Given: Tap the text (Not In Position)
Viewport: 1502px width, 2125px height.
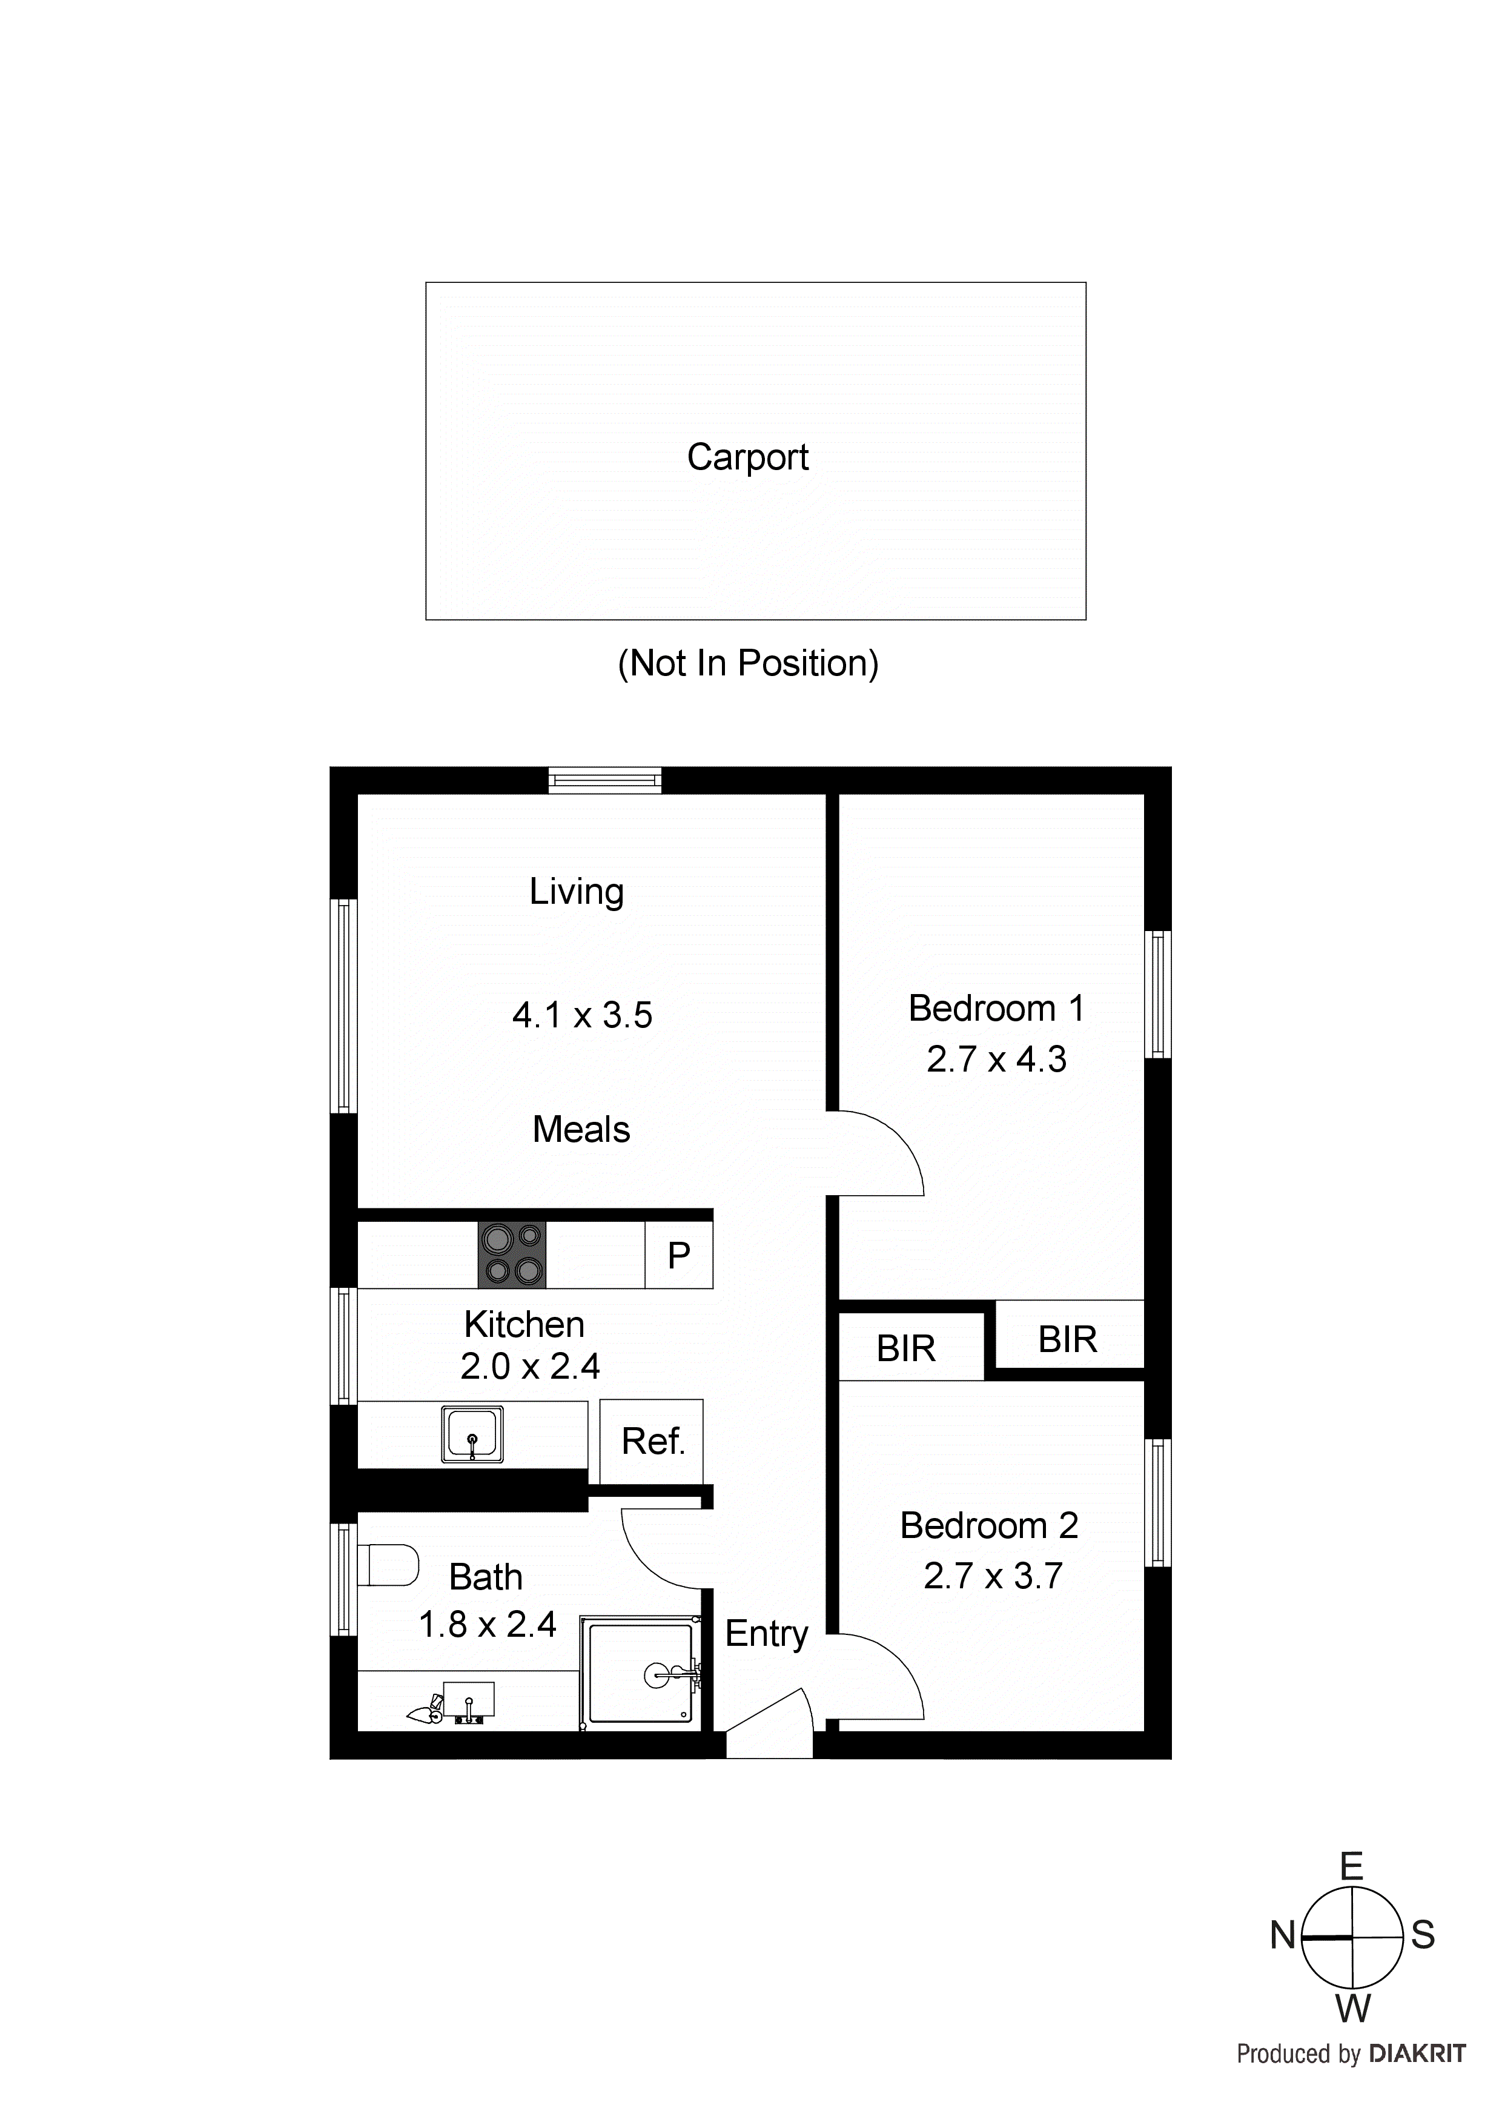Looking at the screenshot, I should [x=748, y=663].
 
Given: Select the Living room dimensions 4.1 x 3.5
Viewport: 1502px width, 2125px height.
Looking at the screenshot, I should [x=582, y=1015].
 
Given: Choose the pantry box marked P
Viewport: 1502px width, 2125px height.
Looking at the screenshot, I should [x=678, y=1256].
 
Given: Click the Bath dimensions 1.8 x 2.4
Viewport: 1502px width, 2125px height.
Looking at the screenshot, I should [x=488, y=1624].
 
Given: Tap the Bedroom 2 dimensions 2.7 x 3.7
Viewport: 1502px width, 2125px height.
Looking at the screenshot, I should [x=993, y=1575].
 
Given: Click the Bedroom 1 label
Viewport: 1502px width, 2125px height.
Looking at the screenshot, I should [x=996, y=1008].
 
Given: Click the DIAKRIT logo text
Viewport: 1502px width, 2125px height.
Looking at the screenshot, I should [x=1417, y=2054].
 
